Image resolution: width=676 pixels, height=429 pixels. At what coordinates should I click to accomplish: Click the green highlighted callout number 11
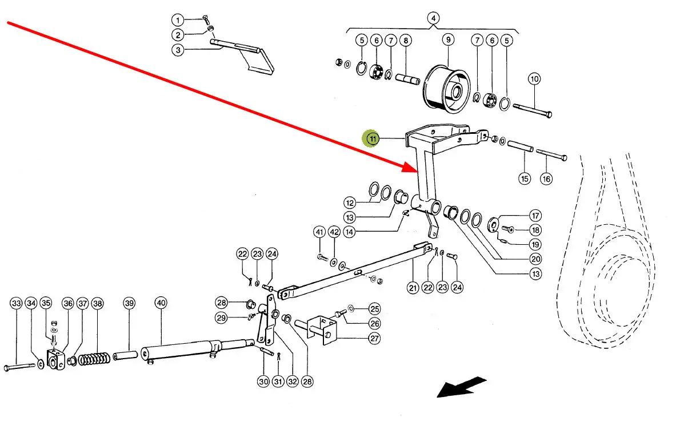pyautogui.click(x=373, y=138)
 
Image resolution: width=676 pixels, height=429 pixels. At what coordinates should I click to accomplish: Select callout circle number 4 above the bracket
pyautogui.click(x=433, y=18)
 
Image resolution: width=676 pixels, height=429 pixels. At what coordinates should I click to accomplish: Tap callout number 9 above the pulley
pyautogui.click(x=447, y=40)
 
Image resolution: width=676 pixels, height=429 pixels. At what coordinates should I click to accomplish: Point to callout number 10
pyautogui.click(x=534, y=78)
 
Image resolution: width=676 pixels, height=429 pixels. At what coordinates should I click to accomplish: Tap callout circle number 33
pyautogui.click(x=16, y=303)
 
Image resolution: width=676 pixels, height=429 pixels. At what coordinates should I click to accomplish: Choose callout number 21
pyautogui.click(x=413, y=288)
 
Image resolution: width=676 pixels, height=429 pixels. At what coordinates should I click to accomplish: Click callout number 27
pyautogui.click(x=374, y=338)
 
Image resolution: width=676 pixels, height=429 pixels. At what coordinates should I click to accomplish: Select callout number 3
pyautogui.click(x=178, y=50)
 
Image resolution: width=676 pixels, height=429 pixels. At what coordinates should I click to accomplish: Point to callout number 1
pyautogui.click(x=178, y=20)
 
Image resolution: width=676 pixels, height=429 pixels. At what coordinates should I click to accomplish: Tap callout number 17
pyautogui.click(x=535, y=216)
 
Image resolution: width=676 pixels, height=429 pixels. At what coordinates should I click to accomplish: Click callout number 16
pyautogui.click(x=546, y=178)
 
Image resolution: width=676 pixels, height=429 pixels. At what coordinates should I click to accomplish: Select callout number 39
pyautogui.click(x=129, y=303)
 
